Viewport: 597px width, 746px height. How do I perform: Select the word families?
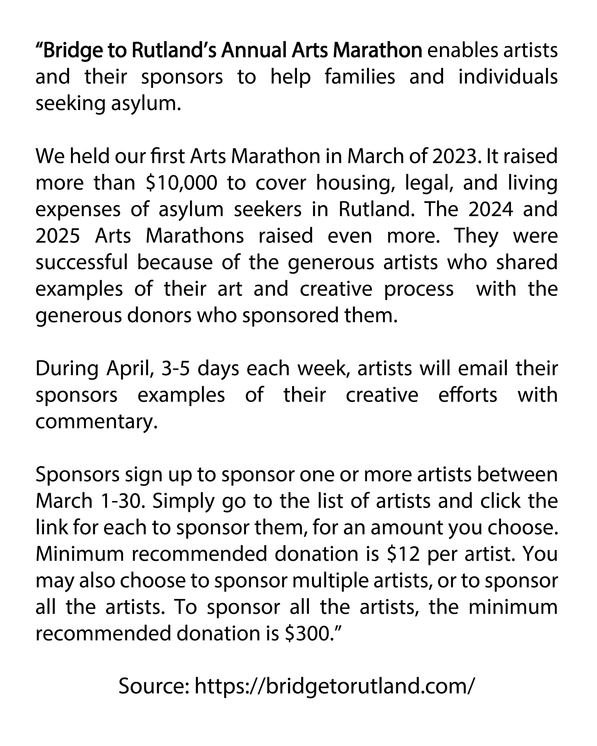tap(360, 77)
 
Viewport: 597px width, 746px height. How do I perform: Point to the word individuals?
tap(508, 77)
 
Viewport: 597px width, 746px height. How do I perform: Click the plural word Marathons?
tap(195, 236)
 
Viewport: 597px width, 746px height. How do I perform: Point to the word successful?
tap(82, 263)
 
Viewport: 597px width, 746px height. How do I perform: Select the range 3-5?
tap(175, 369)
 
